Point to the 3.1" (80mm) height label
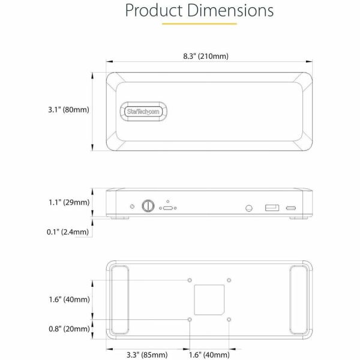pos(68,110)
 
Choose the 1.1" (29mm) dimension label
pos(68,203)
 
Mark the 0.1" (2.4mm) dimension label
pos(68,232)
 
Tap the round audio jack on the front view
pos(248,208)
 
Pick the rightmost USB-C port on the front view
pos(292,208)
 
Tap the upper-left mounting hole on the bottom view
pos(190,280)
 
